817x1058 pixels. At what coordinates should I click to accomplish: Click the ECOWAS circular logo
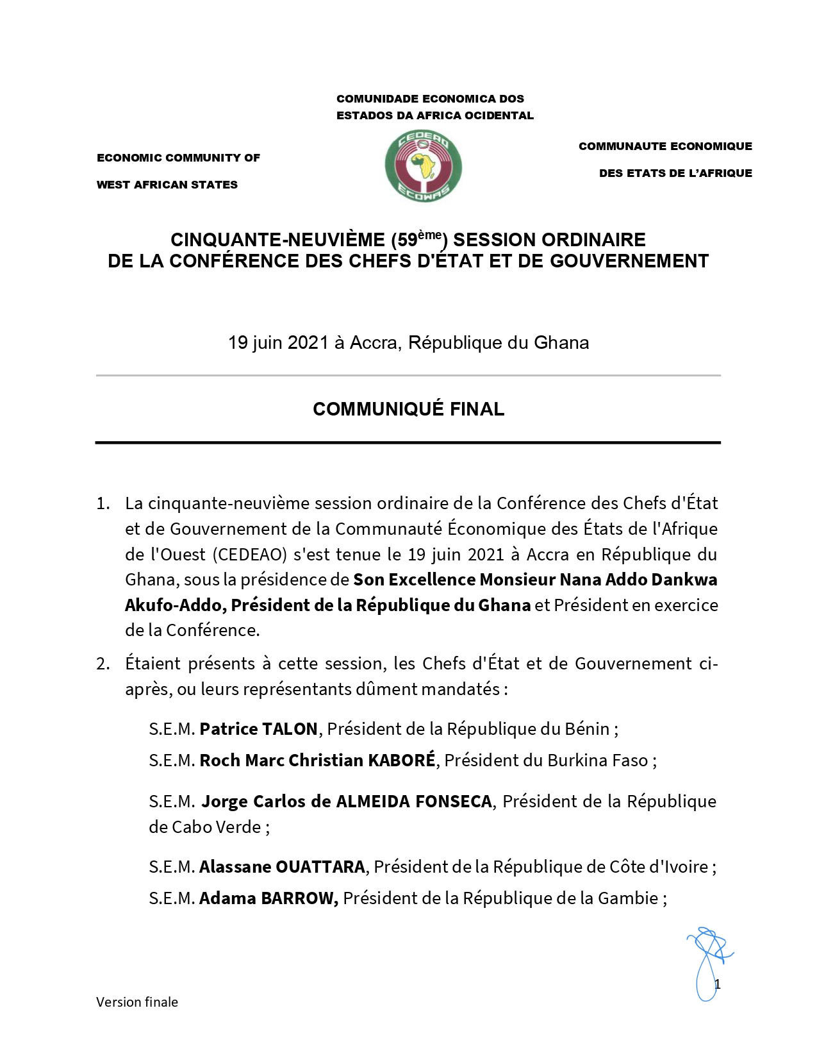pyautogui.click(x=423, y=166)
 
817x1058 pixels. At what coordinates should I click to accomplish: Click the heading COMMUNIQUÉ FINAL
pyautogui.click(x=408, y=409)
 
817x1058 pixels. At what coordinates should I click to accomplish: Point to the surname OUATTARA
pyautogui.click(x=320, y=867)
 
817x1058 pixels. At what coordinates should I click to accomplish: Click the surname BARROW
pyautogui.click(x=299, y=898)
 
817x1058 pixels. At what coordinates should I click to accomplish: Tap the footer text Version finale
pyautogui.click(x=137, y=1002)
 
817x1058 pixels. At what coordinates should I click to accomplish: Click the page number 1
pyautogui.click(x=718, y=985)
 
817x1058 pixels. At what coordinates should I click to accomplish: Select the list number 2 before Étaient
pyautogui.click(x=103, y=664)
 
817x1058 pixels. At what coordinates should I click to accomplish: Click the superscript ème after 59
pyautogui.click(x=430, y=235)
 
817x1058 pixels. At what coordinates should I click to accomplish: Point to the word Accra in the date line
pyautogui.click(x=373, y=343)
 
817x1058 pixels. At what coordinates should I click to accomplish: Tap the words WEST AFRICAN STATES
pyautogui.click(x=167, y=185)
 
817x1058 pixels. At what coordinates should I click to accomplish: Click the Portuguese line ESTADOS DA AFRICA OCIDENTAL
pyautogui.click(x=435, y=115)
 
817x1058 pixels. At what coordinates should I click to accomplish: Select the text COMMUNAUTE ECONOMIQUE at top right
pyautogui.click(x=665, y=146)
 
